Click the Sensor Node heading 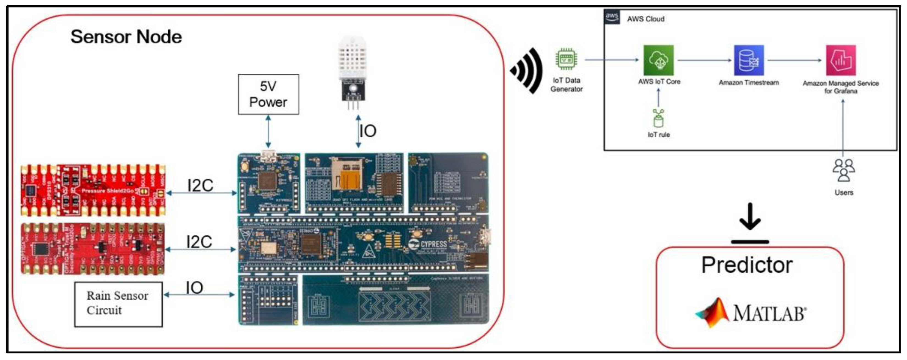126,37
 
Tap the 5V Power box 268,94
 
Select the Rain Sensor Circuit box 118,304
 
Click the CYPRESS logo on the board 429,244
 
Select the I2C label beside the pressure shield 200,185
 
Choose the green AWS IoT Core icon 658,60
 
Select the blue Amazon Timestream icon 749,60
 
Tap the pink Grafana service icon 841,60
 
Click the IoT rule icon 658,119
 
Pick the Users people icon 844,170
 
